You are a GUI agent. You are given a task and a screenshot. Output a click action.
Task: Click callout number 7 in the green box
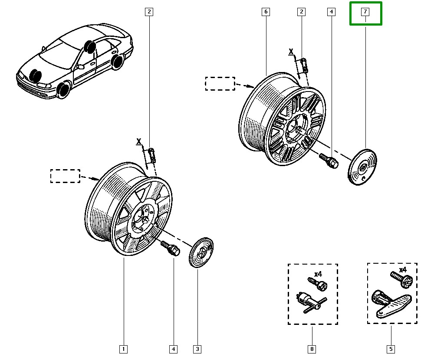(x=365, y=12)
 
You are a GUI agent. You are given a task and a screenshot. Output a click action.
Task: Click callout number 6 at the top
(x=266, y=12)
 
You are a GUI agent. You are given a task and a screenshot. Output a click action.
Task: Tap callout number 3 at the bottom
(x=197, y=349)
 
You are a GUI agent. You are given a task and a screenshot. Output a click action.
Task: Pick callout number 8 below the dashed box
(x=312, y=349)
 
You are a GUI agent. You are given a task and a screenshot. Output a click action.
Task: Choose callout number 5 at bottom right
(x=391, y=349)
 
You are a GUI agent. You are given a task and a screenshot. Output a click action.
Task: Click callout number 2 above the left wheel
(x=149, y=12)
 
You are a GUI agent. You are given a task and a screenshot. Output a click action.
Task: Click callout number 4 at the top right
(x=331, y=12)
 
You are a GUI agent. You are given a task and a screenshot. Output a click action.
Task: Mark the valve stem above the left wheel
(x=151, y=155)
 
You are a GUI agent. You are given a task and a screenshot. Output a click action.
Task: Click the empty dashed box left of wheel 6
(x=220, y=83)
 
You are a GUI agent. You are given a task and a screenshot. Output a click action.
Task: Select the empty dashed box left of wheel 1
(x=65, y=176)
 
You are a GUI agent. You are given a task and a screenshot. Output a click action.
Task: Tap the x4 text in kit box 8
(x=318, y=274)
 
